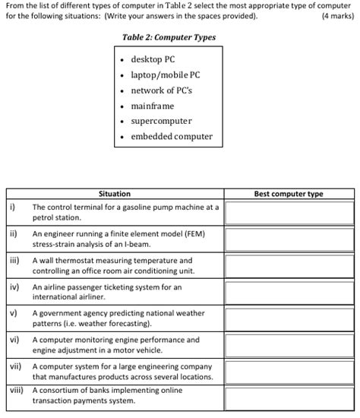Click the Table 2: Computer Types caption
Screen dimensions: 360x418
coord(169,37)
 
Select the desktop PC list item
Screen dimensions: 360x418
coord(153,59)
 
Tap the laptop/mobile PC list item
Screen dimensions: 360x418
coord(165,75)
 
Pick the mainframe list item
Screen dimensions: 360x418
coord(153,106)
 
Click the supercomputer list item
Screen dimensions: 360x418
coord(161,121)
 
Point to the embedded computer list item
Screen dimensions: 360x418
coord(172,137)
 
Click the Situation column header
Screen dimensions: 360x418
coord(115,194)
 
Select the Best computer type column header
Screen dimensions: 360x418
coord(288,194)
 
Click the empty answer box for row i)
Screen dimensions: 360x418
coord(288,212)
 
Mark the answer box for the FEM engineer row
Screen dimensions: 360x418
coord(288,239)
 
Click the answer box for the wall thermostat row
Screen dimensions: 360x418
coord(288,265)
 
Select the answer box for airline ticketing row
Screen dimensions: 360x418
coord(288,292)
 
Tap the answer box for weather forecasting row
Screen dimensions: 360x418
coord(288,318)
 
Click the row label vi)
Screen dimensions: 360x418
coord(14,340)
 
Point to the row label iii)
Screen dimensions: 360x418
coord(14,260)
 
